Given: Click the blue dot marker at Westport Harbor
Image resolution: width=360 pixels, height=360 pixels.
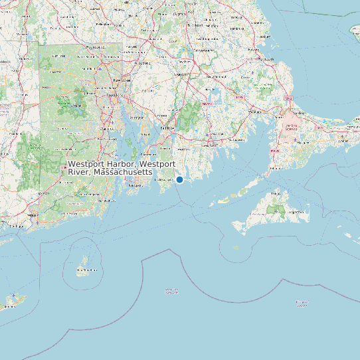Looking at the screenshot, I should click(179, 179).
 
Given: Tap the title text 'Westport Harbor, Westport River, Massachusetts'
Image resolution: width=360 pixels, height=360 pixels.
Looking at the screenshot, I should click(122, 167).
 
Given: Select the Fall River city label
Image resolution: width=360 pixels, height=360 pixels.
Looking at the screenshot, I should click(166, 128).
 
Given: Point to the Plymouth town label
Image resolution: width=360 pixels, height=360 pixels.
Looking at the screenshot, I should click(266, 58).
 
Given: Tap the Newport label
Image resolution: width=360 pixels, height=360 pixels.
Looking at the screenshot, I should click(135, 185).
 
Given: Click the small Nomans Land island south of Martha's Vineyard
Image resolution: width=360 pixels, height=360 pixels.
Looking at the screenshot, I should click(236, 248).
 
